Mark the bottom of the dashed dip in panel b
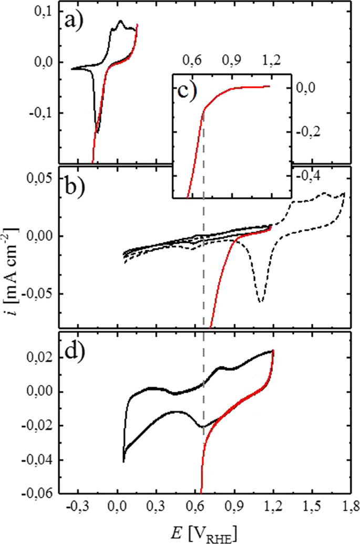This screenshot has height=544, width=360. pyautogui.click(x=261, y=301)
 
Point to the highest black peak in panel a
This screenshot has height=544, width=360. pyautogui.click(x=120, y=22)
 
